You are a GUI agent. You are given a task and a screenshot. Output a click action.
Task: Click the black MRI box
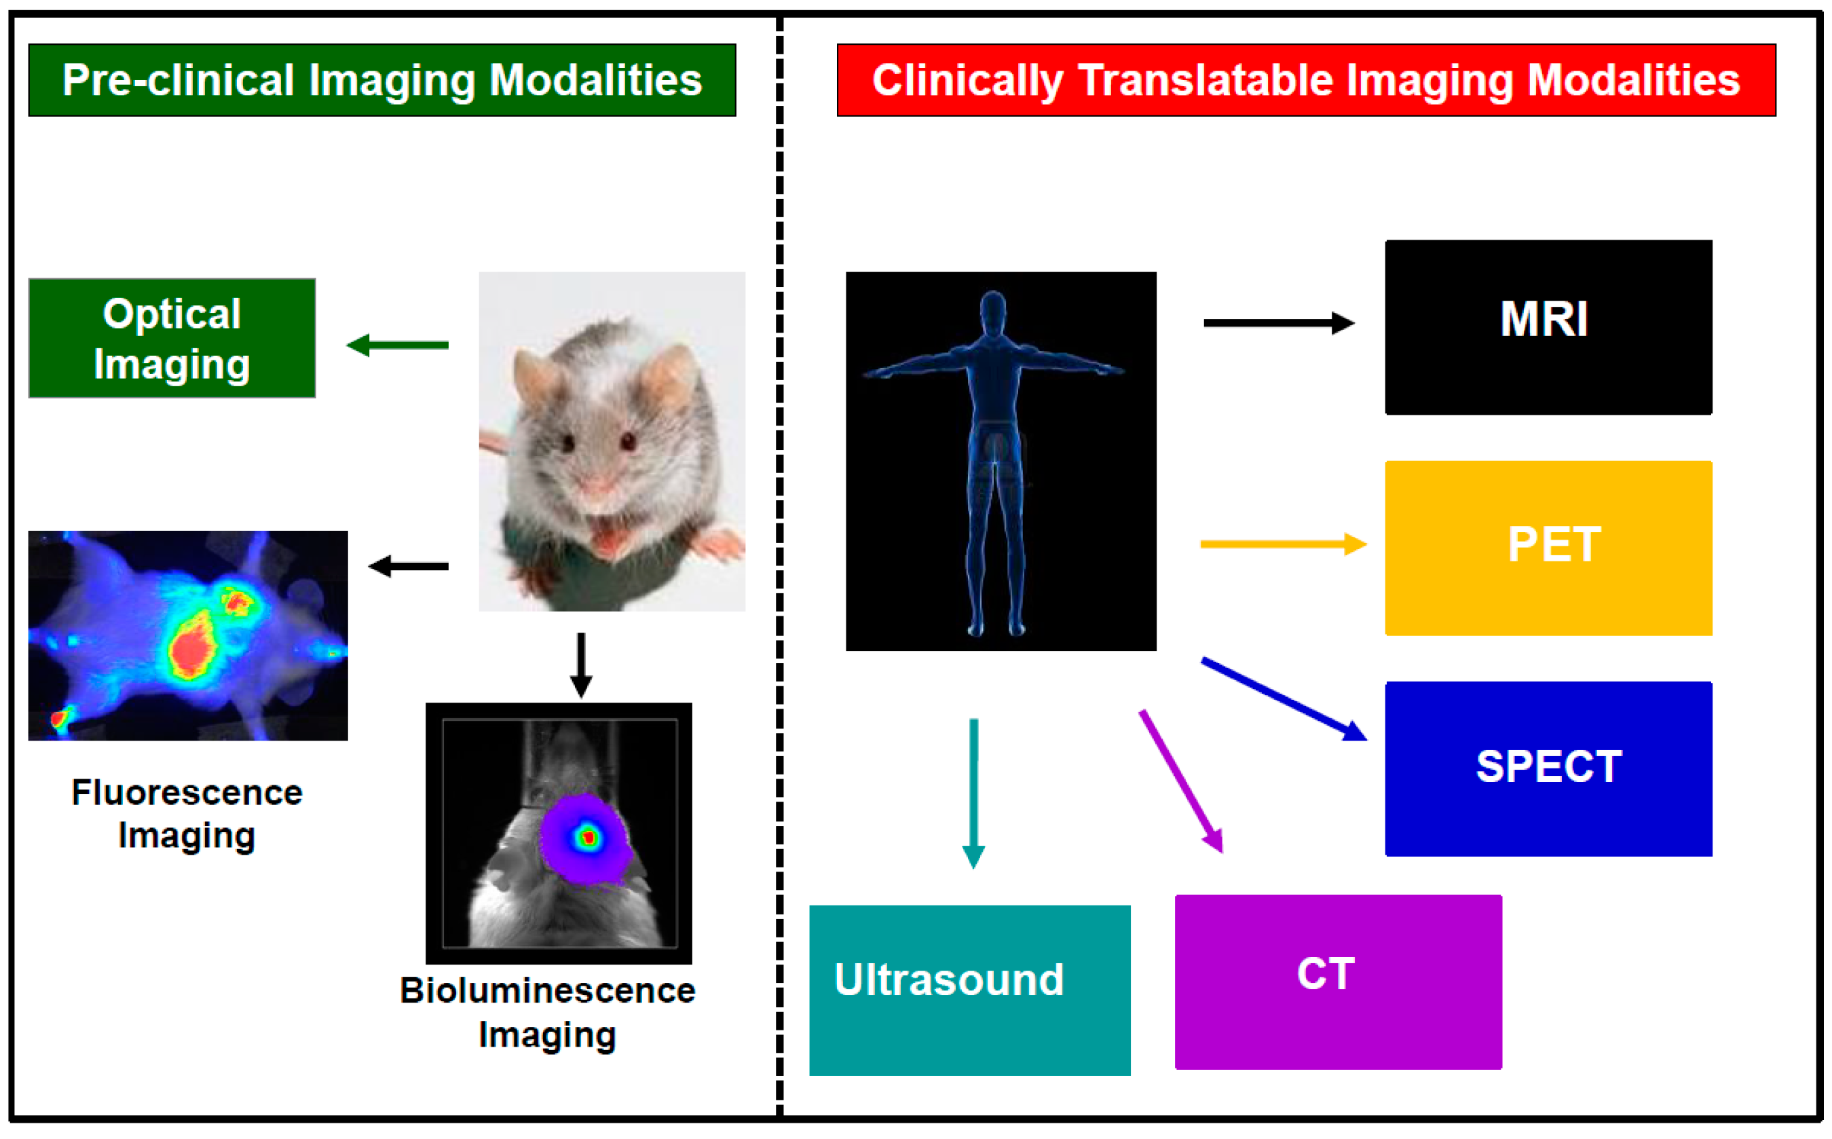1548,327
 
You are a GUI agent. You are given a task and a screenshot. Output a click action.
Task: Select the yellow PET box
1548,548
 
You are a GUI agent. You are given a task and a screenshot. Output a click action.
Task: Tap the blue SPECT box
1548,768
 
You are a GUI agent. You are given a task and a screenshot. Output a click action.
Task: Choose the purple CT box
1337,982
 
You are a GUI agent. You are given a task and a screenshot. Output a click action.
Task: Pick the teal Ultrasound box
969,990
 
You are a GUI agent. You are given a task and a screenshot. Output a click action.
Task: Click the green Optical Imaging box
172,337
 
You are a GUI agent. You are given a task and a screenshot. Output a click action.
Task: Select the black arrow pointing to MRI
1277,322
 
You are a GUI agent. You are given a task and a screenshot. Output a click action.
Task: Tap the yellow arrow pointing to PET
1282,543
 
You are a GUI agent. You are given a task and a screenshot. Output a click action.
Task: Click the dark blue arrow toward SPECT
1283,699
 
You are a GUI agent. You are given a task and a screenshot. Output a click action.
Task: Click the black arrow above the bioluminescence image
581,665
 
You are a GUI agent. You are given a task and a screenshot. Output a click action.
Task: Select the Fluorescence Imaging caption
187,814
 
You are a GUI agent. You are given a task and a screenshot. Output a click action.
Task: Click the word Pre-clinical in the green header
178,80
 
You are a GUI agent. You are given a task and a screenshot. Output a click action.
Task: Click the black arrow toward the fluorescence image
409,565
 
